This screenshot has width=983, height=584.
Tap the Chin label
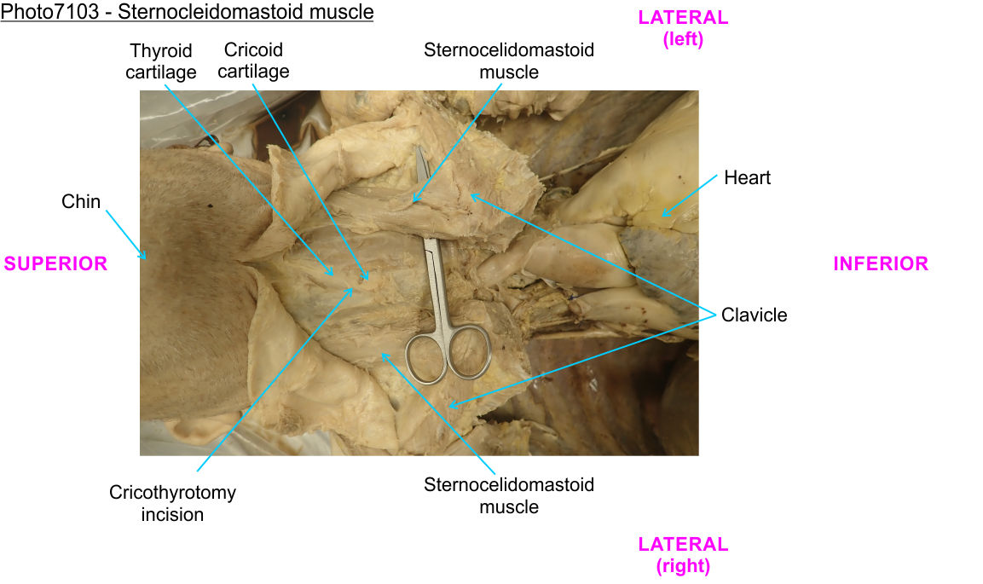81,202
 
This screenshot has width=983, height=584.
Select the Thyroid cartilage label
160,61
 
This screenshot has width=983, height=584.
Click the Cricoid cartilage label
253,60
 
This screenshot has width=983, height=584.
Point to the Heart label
747,178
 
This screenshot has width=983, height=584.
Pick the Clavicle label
754,315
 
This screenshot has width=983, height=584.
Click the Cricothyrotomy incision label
172,503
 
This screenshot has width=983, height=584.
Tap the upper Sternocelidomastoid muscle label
509,61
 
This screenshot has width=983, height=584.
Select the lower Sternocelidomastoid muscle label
509,496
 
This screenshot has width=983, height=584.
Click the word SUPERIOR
56,264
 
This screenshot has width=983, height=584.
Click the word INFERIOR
881,264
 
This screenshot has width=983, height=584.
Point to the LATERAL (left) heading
683,28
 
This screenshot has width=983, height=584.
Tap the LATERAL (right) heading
683,554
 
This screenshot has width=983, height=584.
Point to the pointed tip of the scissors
419,150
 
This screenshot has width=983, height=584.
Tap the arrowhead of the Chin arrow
145,257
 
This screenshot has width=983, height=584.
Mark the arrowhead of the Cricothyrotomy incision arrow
353,289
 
